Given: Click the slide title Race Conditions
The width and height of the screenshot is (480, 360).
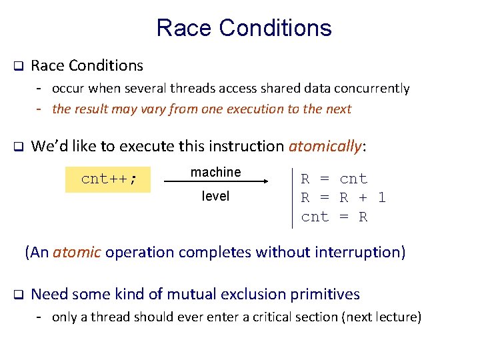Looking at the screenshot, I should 243,28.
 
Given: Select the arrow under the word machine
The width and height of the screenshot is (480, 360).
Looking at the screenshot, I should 216,181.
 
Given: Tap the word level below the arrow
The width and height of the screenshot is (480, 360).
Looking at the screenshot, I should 215,196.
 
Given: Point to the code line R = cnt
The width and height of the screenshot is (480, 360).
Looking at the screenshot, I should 334,179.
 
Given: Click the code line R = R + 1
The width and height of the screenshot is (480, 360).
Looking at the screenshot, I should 343,198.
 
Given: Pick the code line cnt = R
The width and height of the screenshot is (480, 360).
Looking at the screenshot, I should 334,217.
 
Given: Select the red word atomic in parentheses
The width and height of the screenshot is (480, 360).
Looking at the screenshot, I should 77,252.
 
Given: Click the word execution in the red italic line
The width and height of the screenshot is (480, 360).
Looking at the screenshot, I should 257,109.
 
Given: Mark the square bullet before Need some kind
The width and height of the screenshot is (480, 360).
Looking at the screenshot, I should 19,295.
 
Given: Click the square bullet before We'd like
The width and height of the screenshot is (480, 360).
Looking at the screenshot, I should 19,147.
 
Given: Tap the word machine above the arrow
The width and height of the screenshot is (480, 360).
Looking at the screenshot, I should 215,172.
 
